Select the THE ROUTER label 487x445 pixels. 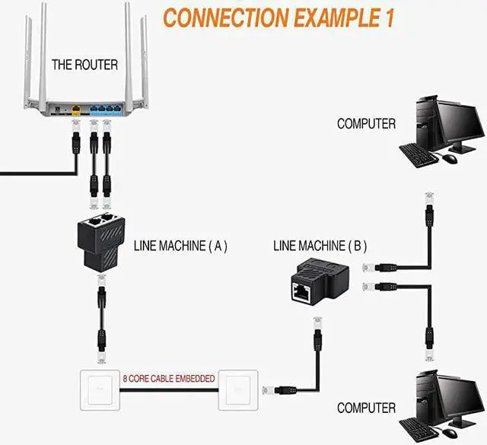(x=84, y=65)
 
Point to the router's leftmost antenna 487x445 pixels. (x=29, y=53)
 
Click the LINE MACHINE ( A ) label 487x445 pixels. (x=180, y=246)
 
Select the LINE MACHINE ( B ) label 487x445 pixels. (x=320, y=246)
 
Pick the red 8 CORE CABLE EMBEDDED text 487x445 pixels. (x=169, y=378)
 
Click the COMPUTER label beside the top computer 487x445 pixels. (x=366, y=123)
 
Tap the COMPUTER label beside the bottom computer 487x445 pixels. (x=366, y=408)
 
